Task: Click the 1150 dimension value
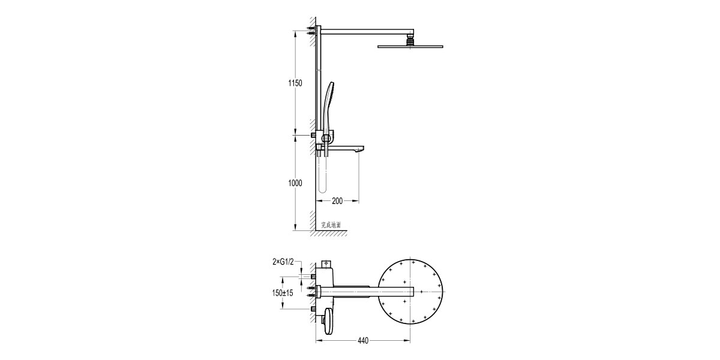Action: (x=295, y=83)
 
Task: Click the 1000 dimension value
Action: (x=295, y=183)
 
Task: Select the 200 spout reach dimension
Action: (x=337, y=201)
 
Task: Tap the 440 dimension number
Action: (x=363, y=341)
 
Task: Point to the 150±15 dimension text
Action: (x=283, y=293)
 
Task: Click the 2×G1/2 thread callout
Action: (x=283, y=262)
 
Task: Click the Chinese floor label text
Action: (x=331, y=225)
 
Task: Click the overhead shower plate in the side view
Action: (x=410, y=47)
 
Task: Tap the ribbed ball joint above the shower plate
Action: (x=410, y=41)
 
